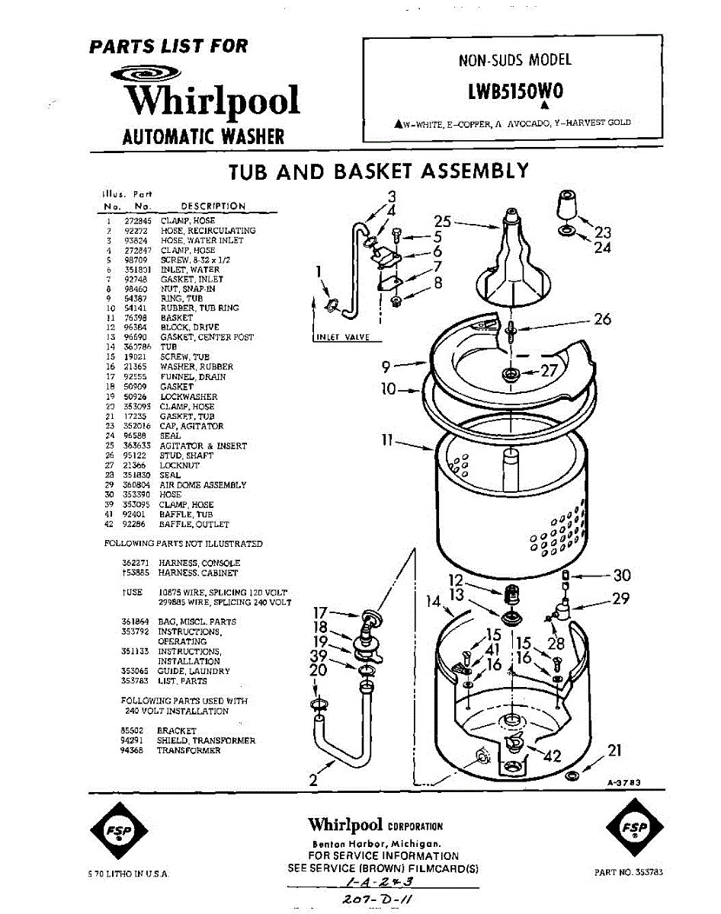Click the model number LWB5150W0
(x=515, y=91)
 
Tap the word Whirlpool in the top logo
(x=212, y=101)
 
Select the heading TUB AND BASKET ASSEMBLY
(x=379, y=171)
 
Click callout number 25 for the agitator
(x=443, y=222)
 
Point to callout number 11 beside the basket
(x=386, y=439)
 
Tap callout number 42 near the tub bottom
(x=551, y=756)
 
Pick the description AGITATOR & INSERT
(x=203, y=446)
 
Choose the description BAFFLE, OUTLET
(x=194, y=525)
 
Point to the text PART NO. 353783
(x=628, y=873)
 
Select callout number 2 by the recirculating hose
(x=312, y=778)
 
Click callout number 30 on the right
(x=622, y=575)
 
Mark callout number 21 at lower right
(x=615, y=750)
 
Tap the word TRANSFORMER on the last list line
(x=188, y=750)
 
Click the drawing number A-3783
(x=623, y=781)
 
